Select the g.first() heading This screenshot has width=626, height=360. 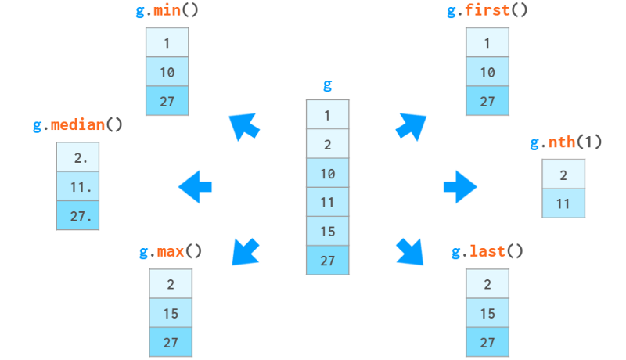coord(487,10)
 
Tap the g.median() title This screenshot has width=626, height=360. coord(77,125)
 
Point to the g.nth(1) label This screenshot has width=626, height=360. coord(565,142)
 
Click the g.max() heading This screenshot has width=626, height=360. coord(171,251)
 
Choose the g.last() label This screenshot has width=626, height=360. coord(487,251)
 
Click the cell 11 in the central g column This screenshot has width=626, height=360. coord(327,203)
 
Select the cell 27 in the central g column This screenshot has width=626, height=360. coord(327,261)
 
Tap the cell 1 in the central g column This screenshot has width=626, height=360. coord(327,115)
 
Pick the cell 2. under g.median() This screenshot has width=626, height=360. coord(77,157)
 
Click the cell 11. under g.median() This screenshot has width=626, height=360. coord(77,187)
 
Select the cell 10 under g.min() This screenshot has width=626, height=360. coord(167,72)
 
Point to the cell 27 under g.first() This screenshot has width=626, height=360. coord(487,101)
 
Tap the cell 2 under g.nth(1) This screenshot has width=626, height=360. coord(563,175)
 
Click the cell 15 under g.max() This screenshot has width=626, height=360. coord(171,313)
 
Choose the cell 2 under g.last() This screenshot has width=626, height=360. coord(487,284)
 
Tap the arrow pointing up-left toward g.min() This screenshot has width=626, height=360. coord(244,126)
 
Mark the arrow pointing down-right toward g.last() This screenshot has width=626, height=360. coord(409,250)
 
